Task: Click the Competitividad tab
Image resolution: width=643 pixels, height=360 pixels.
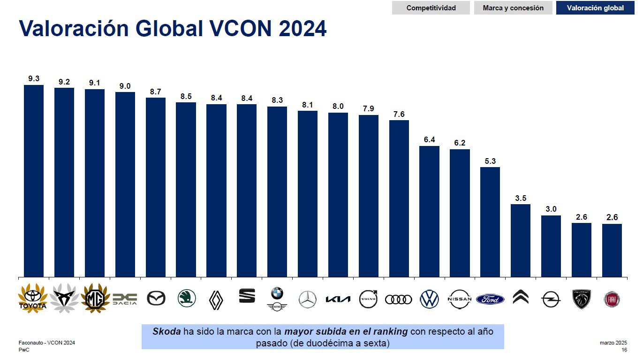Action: coord(431,8)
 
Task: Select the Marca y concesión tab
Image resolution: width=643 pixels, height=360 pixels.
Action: coord(513,8)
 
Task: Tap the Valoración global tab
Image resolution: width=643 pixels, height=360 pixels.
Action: coord(595,8)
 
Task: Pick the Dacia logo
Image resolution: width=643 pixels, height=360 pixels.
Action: coord(125,299)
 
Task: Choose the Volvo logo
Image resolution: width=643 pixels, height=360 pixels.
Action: coord(368,299)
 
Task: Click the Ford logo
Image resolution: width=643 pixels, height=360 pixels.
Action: coord(490,299)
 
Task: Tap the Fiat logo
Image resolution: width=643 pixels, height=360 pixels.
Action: coord(612,299)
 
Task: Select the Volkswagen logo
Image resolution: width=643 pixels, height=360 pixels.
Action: coord(429,299)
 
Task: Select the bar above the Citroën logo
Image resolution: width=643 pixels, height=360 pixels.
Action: coord(521,240)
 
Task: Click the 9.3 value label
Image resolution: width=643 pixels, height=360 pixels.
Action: coord(34,79)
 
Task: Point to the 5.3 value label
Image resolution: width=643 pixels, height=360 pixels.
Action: coord(490,161)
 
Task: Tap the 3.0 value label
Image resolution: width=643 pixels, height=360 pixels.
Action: coord(551,209)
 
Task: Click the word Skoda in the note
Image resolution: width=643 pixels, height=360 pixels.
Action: coord(166,331)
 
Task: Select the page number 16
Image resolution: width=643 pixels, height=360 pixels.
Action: coord(624,350)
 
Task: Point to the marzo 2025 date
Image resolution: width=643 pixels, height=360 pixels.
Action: coord(613,343)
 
